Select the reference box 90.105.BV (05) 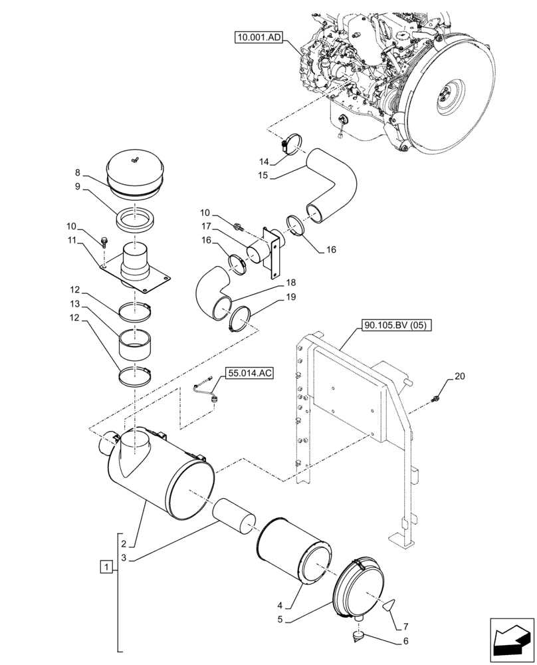[397, 325]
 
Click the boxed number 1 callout [104, 567]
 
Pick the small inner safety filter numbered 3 [235, 515]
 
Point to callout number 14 [264, 161]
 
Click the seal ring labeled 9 [135, 219]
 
